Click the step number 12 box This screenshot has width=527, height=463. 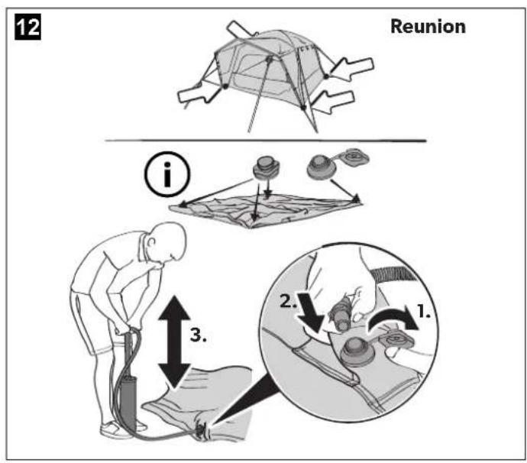(28, 27)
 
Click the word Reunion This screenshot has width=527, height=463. (428, 26)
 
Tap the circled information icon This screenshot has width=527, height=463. (167, 174)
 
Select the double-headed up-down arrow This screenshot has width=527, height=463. (174, 341)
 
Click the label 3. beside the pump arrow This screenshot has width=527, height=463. (199, 335)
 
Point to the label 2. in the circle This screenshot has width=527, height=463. (289, 301)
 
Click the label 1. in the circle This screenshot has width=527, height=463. (424, 311)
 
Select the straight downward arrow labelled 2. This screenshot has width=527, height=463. (312, 313)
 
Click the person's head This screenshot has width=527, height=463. (168, 241)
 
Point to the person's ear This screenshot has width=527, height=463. (152, 243)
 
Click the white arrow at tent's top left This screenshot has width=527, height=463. (240, 29)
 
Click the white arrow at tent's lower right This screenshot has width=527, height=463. (334, 102)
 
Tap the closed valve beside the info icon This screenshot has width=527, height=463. (267, 167)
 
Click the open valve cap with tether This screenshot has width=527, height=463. (338, 164)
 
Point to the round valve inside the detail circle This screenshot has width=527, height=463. (357, 354)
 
